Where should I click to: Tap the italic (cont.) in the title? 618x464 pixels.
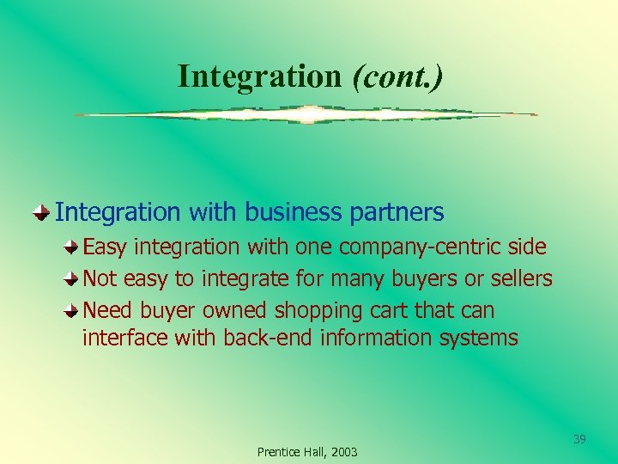click(397, 76)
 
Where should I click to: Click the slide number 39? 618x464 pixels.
click(579, 440)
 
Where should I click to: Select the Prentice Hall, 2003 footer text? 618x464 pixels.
click(307, 452)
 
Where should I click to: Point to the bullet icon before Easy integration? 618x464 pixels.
click(75, 247)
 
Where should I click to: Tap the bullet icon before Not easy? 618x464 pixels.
click(75, 278)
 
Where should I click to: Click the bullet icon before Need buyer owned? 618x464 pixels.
click(75, 309)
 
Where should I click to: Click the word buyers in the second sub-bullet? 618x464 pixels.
click(405, 278)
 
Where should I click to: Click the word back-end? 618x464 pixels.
click(268, 338)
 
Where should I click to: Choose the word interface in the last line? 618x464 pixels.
click(124, 338)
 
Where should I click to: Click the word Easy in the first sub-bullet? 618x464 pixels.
click(106, 247)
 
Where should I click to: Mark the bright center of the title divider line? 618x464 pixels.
click(306, 114)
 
